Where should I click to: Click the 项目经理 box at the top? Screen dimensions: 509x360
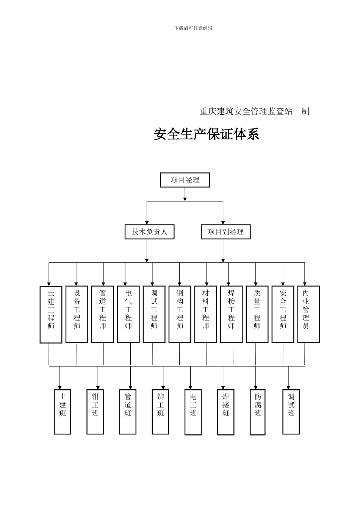185,180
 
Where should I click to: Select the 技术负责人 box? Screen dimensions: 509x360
149,232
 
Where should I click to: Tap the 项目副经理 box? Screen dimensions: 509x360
225,232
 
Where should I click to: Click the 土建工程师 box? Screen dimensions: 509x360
51,314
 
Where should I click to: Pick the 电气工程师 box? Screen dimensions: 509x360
128,314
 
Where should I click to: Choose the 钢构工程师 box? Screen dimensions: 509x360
180,314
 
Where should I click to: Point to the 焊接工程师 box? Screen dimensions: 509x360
231,314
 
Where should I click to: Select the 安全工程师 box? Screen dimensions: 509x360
283,314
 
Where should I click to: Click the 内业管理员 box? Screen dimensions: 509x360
308,314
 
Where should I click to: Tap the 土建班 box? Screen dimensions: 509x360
63,412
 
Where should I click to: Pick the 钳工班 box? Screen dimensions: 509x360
95,412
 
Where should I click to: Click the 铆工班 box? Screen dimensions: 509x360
160,412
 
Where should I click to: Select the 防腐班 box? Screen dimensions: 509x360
258,412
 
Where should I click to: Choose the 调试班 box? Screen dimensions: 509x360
291,412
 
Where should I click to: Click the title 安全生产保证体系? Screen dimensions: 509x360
206,134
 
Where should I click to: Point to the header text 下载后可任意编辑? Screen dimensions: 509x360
193,28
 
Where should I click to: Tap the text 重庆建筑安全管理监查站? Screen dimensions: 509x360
246,111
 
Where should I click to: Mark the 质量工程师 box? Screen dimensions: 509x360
257,314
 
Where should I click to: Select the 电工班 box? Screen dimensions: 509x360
193,412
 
